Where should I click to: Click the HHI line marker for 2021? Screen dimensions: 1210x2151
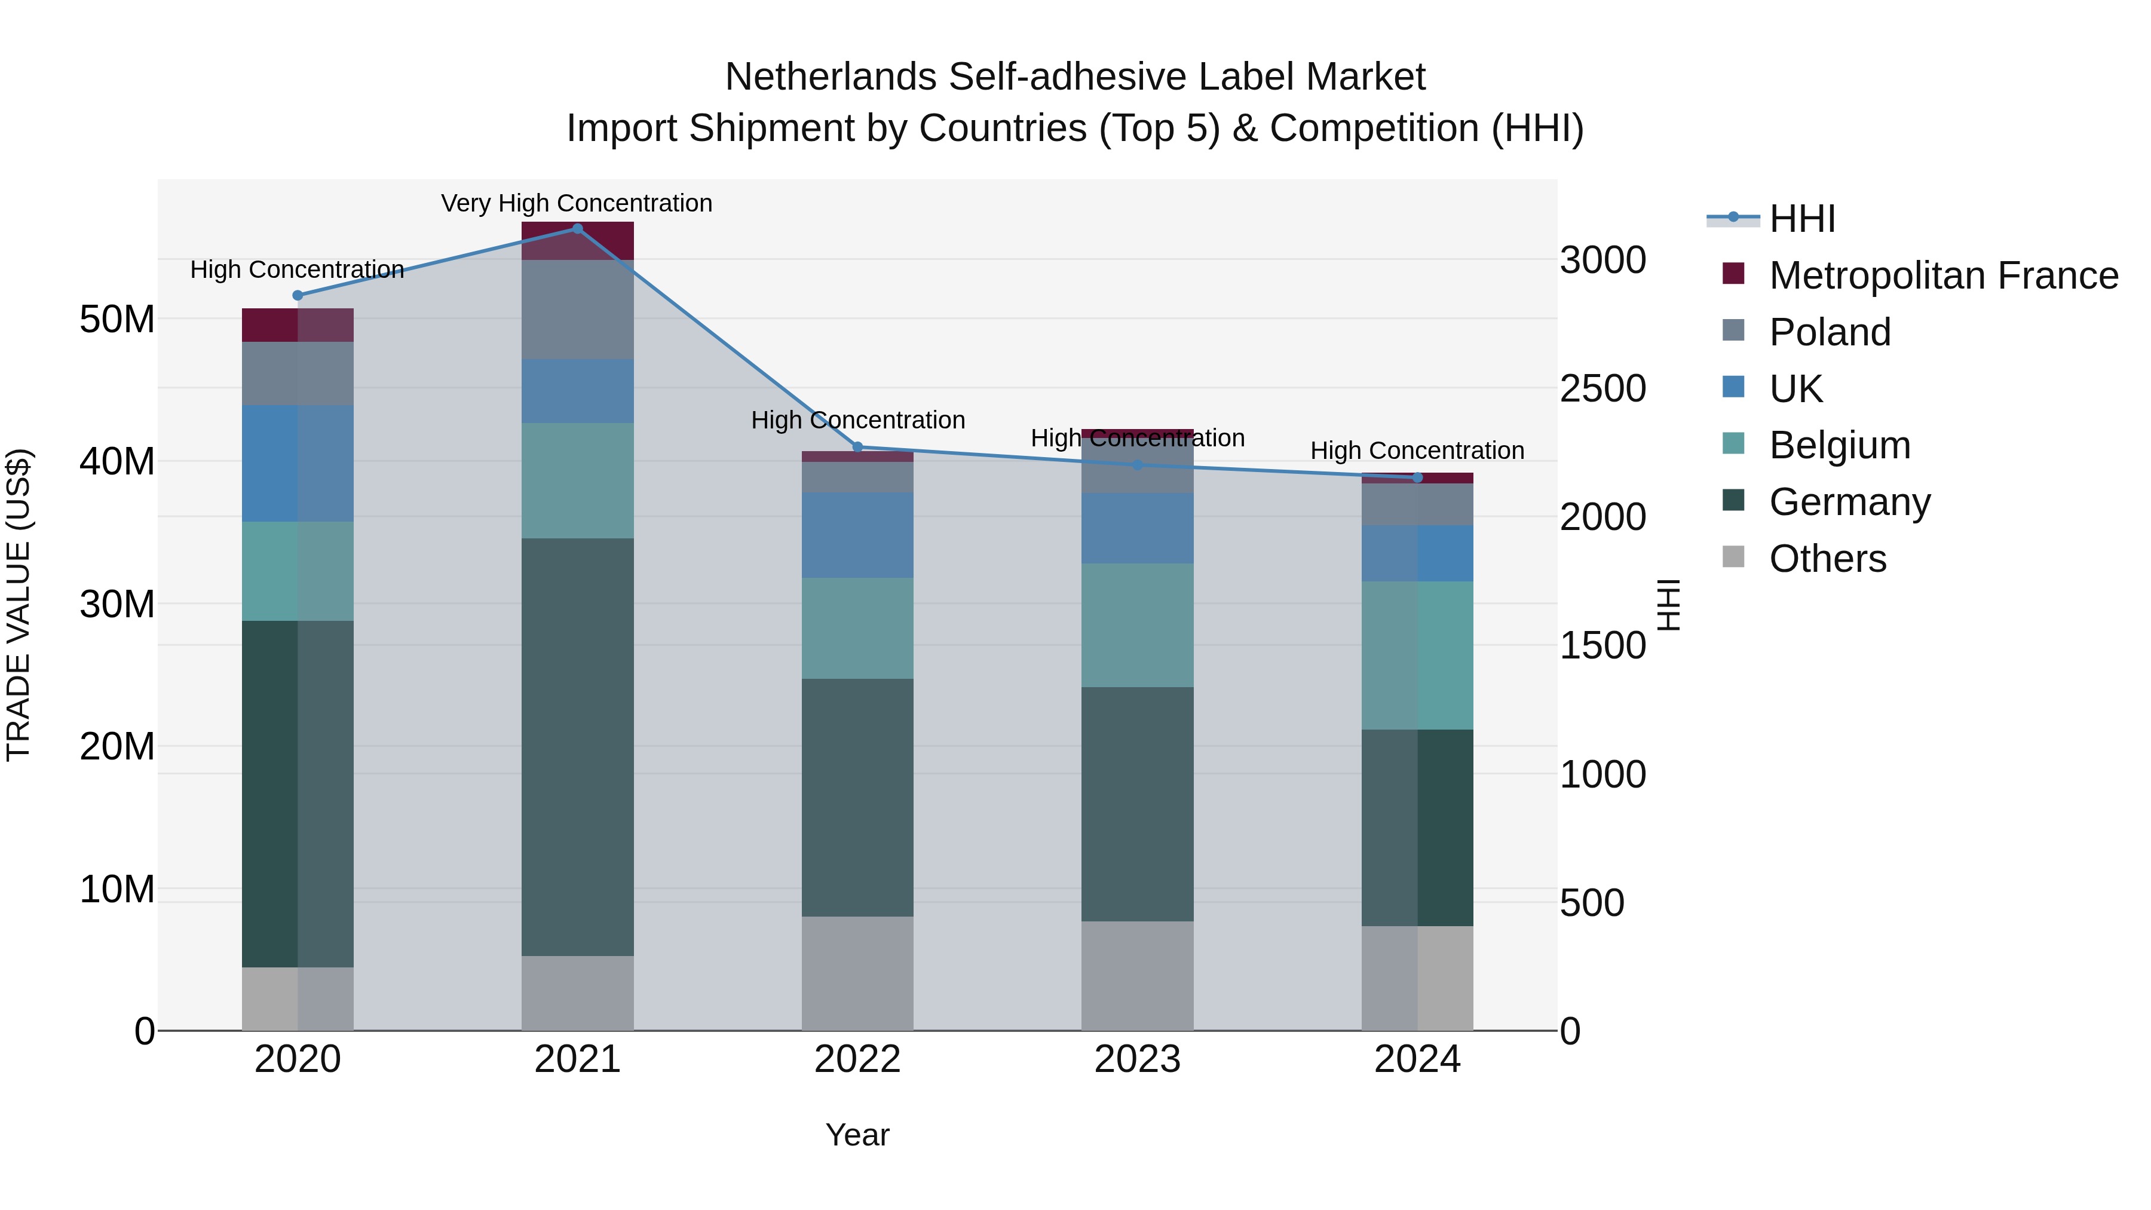[x=577, y=229]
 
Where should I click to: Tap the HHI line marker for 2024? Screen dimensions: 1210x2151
[x=1417, y=477]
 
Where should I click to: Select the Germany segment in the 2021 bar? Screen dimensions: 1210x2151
[x=577, y=748]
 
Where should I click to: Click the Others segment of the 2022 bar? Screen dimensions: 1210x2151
[x=857, y=974]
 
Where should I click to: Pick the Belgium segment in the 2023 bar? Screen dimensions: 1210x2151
[x=1137, y=626]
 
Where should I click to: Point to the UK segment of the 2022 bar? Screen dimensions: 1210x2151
[x=857, y=535]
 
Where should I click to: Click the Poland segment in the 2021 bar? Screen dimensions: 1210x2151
[x=577, y=310]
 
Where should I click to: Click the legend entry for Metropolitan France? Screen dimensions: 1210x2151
[x=1943, y=275]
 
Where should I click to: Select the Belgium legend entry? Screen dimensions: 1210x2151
[x=1840, y=445]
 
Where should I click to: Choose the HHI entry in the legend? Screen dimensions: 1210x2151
[x=1802, y=219]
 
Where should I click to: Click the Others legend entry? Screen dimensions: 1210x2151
[x=1827, y=559]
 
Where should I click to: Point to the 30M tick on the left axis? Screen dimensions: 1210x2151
[x=117, y=604]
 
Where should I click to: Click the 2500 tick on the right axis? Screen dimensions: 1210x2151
[x=1602, y=388]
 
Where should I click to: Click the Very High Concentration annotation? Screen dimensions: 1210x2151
[x=577, y=203]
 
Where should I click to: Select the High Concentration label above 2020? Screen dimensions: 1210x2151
[x=298, y=269]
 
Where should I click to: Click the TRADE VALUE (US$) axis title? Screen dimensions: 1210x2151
[x=19, y=605]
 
